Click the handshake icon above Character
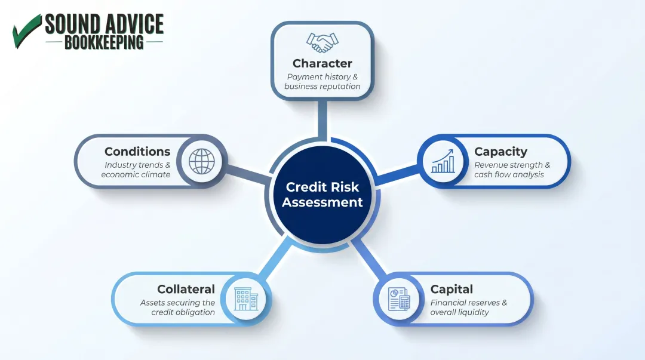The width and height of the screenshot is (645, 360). pyautogui.click(x=322, y=42)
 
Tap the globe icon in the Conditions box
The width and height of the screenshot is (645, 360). pyautogui.click(x=201, y=161)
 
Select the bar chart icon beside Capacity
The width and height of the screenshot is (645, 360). pyautogui.click(x=443, y=161)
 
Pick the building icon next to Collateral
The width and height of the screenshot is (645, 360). pyautogui.click(x=245, y=299)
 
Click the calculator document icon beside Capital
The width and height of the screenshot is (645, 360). pyautogui.click(x=399, y=299)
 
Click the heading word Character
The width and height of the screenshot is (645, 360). pyautogui.click(x=322, y=63)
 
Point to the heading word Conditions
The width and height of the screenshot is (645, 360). pyautogui.click(x=137, y=152)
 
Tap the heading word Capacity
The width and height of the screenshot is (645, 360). pyautogui.click(x=500, y=152)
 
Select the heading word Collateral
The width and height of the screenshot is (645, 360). pyautogui.click(x=186, y=290)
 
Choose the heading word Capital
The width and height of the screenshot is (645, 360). pyautogui.click(x=451, y=290)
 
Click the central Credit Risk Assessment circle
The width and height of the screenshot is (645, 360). pyautogui.click(x=322, y=194)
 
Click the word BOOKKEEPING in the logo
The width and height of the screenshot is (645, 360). pyautogui.click(x=105, y=42)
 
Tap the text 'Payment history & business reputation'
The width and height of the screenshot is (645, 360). pyautogui.click(x=322, y=82)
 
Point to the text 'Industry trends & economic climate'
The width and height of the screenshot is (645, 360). pyautogui.click(x=137, y=170)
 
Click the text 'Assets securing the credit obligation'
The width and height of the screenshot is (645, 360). pyautogui.click(x=177, y=307)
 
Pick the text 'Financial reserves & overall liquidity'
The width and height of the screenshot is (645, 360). pyautogui.click(x=468, y=307)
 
